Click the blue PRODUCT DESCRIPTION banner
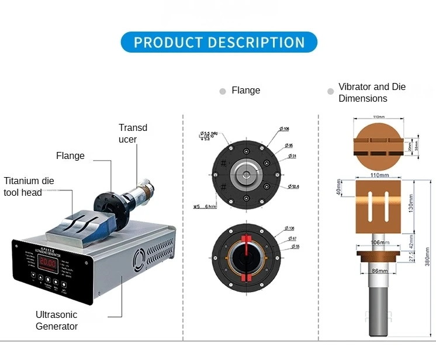pyautogui.click(x=219, y=43)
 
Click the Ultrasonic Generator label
pyautogui.click(x=57, y=320)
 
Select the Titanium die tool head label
pyautogui.click(x=29, y=186)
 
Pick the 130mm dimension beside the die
pyautogui.click(x=411, y=205)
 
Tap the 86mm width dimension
pyautogui.click(x=380, y=271)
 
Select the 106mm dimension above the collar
pyautogui.click(x=380, y=242)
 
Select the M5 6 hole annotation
pyautogui.click(x=204, y=206)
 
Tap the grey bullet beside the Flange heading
pyautogui.click(x=223, y=91)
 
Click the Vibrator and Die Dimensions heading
pyautogui.click(x=372, y=92)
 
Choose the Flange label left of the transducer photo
pyautogui.click(x=70, y=156)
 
